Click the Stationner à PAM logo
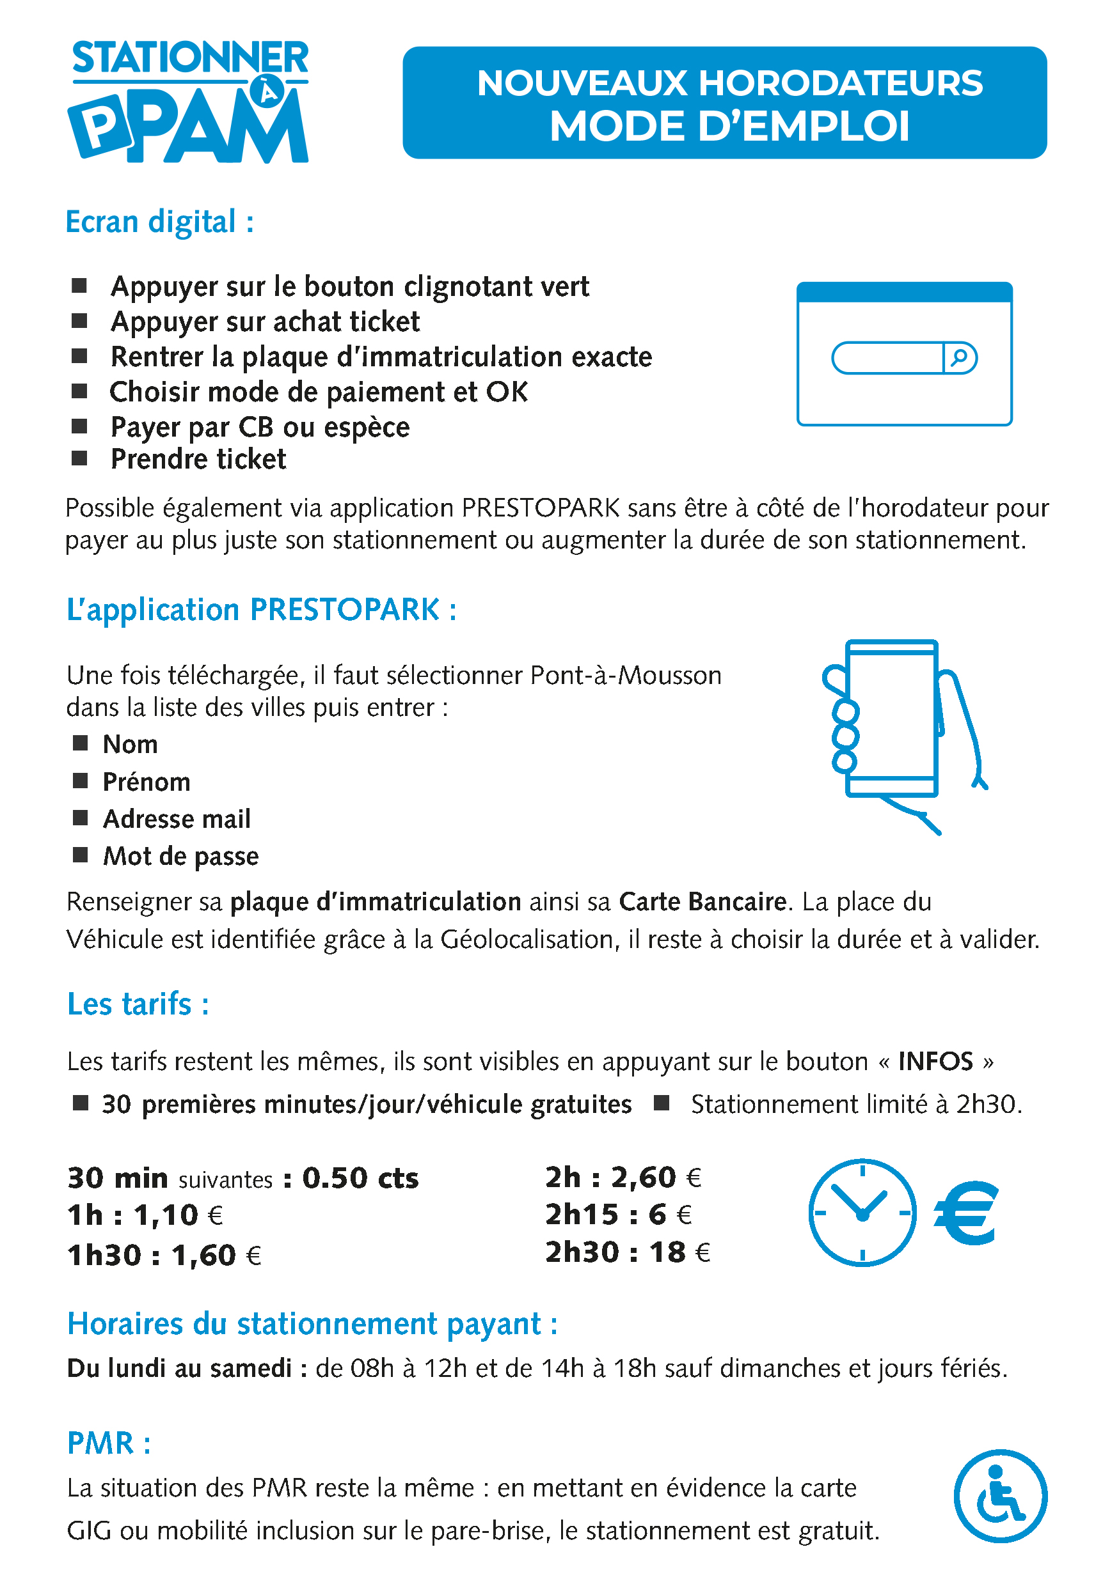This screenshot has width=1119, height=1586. point(189,101)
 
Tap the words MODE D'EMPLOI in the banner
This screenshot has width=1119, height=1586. point(729,127)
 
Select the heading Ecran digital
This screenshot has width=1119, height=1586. point(159,222)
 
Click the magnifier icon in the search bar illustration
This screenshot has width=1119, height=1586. point(959,358)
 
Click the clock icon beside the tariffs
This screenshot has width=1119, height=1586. point(862,1212)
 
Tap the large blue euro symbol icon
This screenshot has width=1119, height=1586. point(965,1212)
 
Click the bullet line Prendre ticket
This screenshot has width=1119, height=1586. point(198,460)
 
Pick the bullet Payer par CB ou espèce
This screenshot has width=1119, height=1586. point(260,427)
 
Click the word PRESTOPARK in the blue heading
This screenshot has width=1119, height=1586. point(344,610)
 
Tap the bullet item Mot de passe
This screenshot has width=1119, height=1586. point(180,856)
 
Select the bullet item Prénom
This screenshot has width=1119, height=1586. point(147,782)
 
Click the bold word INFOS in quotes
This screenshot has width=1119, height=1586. point(935,1061)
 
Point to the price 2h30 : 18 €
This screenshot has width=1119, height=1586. point(627,1252)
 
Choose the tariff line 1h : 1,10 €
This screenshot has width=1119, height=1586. point(145,1215)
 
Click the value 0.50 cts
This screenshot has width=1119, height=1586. point(360,1178)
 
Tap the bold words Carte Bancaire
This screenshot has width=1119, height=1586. point(702,901)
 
